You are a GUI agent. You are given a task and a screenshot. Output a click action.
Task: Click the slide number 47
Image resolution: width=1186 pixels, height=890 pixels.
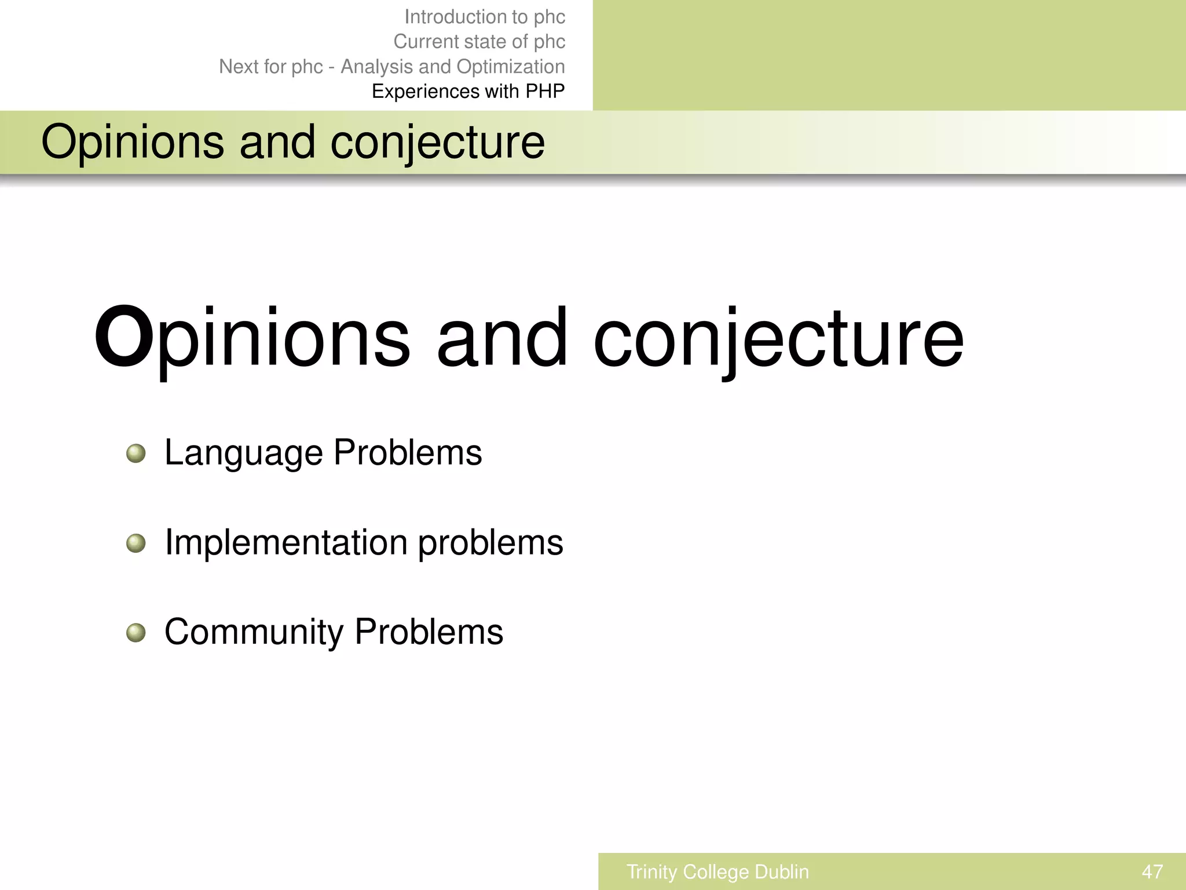[x=1152, y=871]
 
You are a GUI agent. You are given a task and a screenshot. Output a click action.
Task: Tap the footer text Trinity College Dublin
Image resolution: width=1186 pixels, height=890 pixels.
[x=718, y=871]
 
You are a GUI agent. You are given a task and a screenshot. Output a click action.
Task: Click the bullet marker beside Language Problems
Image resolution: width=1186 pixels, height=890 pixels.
[x=136, y=453]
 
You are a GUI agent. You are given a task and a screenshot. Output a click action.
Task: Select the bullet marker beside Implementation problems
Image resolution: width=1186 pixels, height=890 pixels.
[x=136, y=544]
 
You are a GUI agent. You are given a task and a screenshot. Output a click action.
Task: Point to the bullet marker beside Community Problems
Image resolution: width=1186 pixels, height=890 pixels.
[x=136, y=633]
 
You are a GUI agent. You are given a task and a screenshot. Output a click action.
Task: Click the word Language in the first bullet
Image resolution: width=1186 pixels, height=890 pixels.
[x=243, y=453]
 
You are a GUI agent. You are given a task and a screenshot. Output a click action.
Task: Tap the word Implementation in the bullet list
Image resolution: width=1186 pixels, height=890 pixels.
[x=286, y=543]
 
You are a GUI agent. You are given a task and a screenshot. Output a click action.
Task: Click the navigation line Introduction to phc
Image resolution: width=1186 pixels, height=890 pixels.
[x=485, y=17]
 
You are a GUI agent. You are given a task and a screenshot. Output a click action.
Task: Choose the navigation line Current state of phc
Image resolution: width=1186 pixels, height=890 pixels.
[x=479, y=42]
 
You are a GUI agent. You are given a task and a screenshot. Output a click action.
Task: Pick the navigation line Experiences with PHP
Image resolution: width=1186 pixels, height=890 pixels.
[x=468, y=92]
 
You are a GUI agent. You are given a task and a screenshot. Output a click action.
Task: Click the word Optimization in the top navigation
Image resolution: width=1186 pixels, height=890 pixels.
[x=510, y=67]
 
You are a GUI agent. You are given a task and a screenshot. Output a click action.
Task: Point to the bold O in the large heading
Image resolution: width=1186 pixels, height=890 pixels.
[x=123, y=337]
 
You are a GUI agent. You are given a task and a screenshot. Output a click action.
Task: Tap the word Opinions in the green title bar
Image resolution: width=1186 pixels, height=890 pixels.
[x=133, y=143]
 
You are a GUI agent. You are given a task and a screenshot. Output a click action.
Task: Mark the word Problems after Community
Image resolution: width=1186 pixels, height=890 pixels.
[x=429, y=632]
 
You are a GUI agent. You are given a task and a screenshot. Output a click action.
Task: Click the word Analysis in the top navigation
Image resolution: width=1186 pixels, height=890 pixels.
[x=376, y=67]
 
